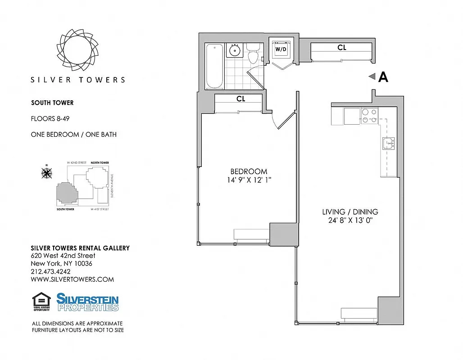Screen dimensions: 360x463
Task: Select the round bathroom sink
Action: [235, 50]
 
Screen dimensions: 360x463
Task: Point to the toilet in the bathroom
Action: [253, 54]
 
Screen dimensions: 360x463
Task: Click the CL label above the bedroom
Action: [241, 99]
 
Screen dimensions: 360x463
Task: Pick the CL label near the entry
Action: [342, 47]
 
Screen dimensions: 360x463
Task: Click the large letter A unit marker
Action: [383, 77]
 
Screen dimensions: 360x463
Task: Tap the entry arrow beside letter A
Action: [372, 77]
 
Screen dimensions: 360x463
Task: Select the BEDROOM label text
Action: [249, 171]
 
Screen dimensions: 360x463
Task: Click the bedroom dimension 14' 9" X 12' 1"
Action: [249, 180]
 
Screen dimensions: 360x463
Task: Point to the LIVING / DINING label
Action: [350, 211]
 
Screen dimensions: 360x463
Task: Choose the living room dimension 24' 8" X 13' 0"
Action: [350, 220]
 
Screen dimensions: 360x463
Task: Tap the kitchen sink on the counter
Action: [388, 144]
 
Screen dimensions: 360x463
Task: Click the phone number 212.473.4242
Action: [50, 271]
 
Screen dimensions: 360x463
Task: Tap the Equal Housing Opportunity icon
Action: [42, 302]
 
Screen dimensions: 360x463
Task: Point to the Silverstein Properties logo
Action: [87, 302]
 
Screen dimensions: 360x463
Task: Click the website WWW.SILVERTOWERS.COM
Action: [72, 279]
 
